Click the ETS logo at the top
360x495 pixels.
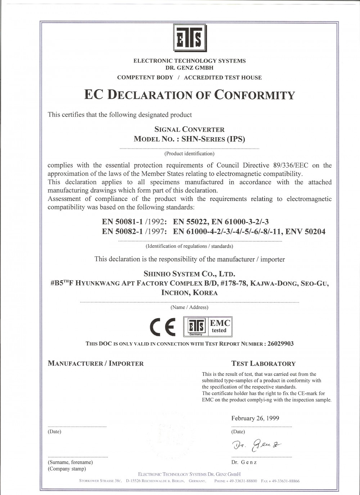click(x=190, y=38)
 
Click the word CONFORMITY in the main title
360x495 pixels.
click(x=255, y=95)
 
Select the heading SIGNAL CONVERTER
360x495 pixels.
click(x=189, y=129)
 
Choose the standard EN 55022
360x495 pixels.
click(x=190, y=222)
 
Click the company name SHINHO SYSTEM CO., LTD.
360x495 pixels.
click(x=189, y=274)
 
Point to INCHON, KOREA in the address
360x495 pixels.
click(x=189, y=292)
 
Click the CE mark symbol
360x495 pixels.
click(x=162, y=326)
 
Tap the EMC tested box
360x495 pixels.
click(x=220, y=326)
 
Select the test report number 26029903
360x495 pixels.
click(x=280, y=343)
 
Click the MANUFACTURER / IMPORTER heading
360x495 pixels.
click(x=96, y=364)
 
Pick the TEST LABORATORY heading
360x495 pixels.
click(x=264, y=364)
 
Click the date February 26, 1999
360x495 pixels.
click(x=255, y=418)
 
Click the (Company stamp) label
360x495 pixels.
click(x=67, y=469)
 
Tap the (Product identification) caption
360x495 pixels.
click(x=189, y=154)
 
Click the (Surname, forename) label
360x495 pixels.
click(x=70, y=462)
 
